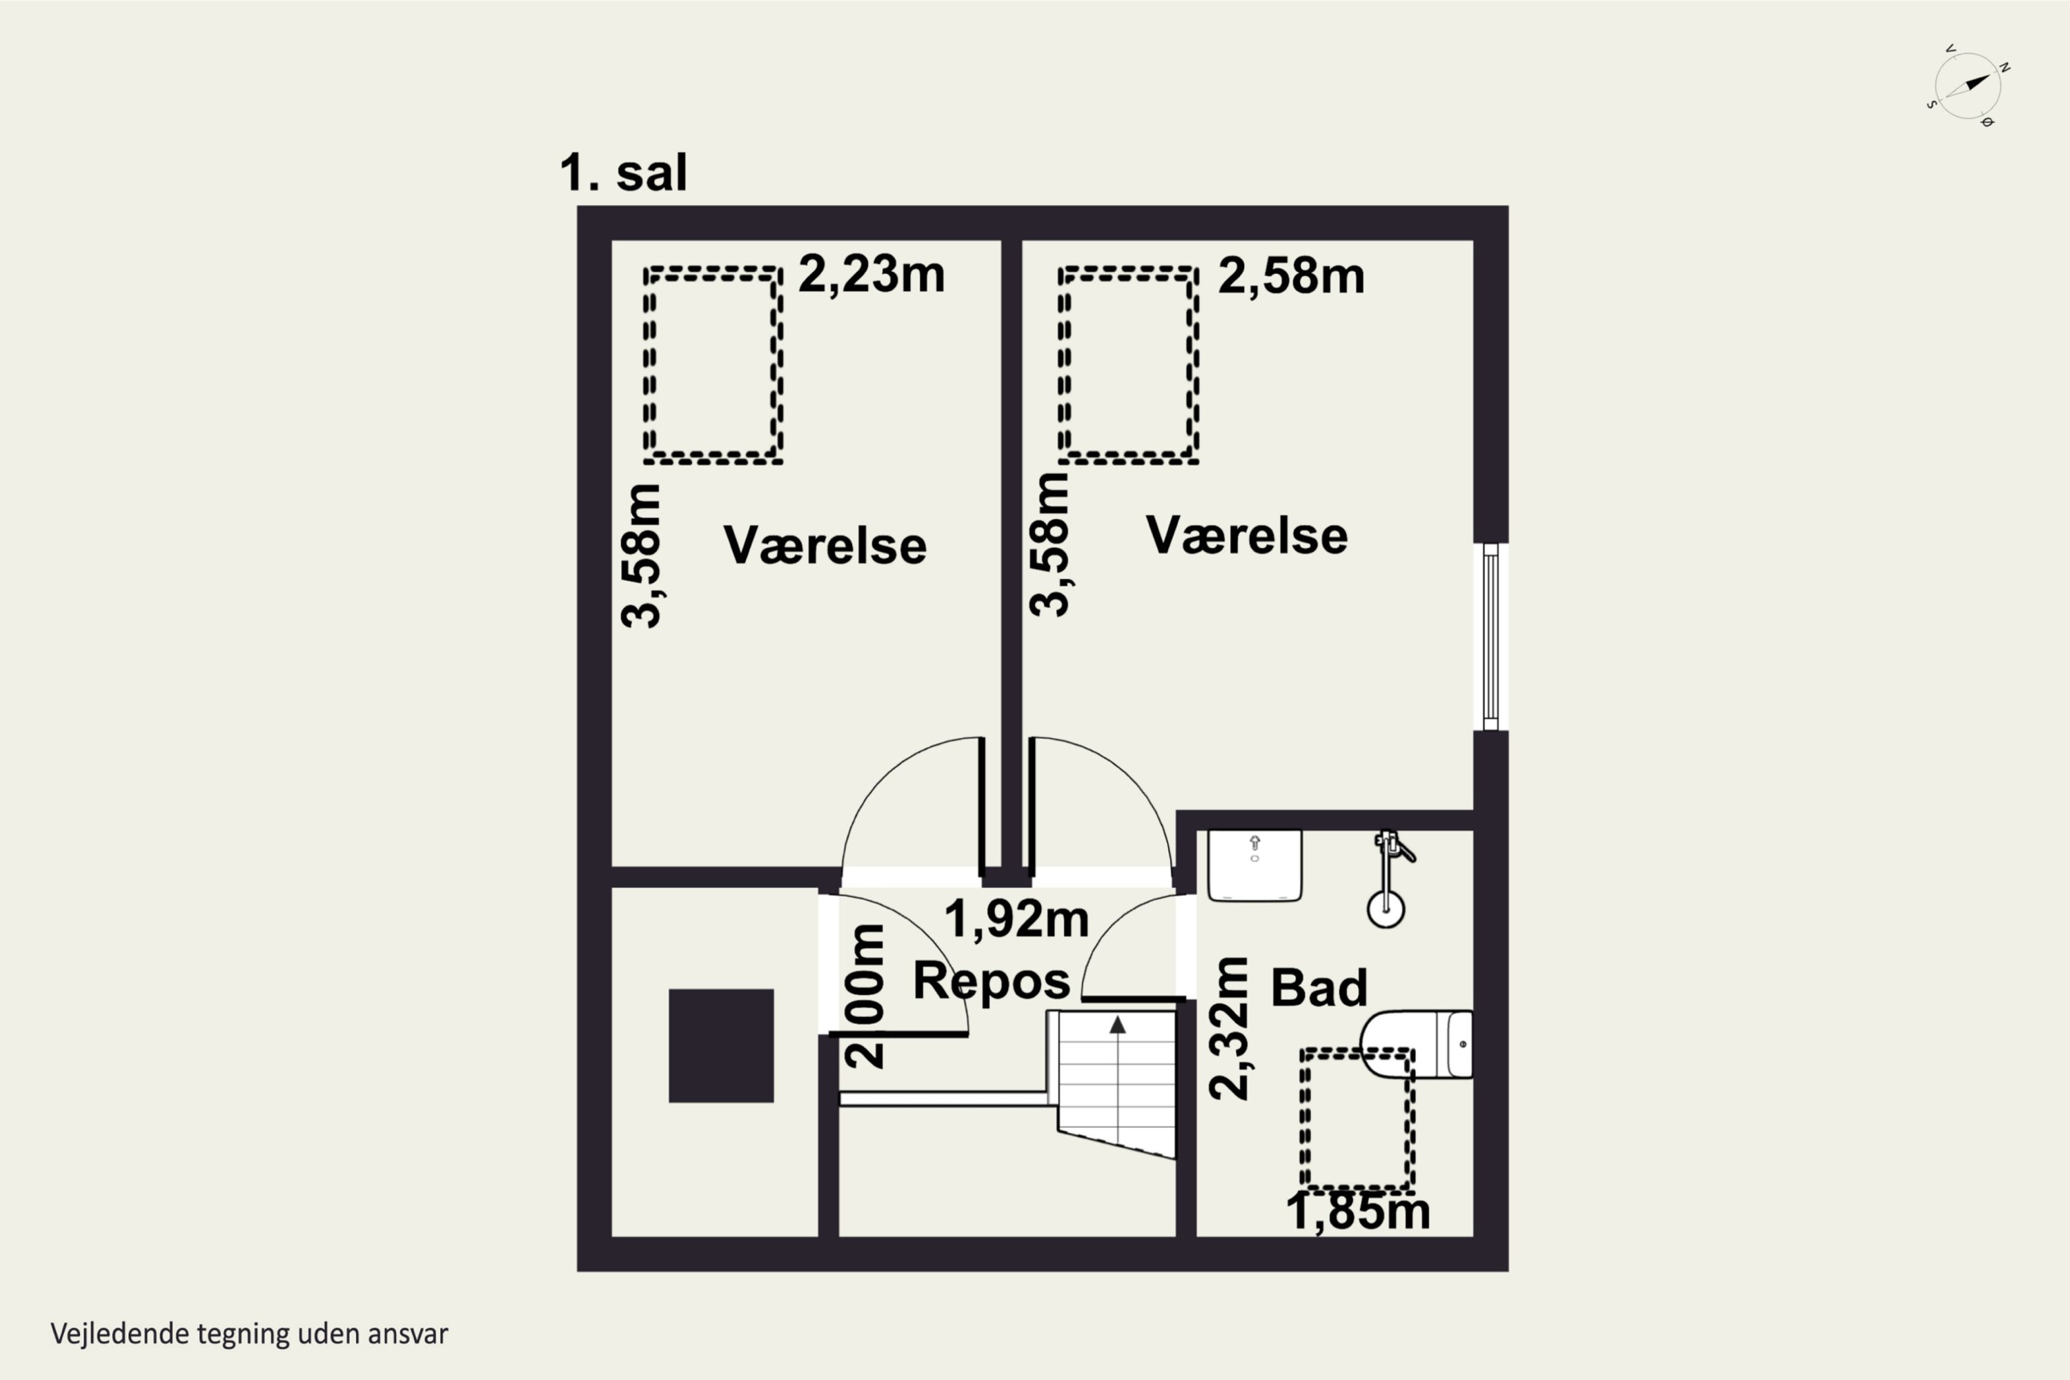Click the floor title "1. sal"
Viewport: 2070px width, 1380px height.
click(x=623, y=172)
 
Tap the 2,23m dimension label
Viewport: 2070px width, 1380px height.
click(x=871, y=274)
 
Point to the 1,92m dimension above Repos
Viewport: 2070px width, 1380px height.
click(x=1016, y=919)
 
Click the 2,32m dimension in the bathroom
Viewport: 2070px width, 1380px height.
click(x=1230, y=1028)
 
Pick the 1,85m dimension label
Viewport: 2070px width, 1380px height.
click(x=1358, y=1212)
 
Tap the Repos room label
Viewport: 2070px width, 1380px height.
click(x=991, y=980)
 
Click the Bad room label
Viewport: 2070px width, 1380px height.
click(x=1319, y=987)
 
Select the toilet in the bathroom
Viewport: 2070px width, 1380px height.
click(x=1416, y=1045)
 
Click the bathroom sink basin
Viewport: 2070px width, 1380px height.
click(x=1254, y=866)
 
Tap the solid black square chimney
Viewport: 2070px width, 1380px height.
click(x=721, y=1045)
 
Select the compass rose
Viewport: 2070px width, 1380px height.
click(x=1969, y=86)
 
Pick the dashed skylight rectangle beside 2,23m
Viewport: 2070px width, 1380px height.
click(x=713, y=365)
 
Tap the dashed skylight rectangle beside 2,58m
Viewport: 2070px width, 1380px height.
click(x=1128, y=365)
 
